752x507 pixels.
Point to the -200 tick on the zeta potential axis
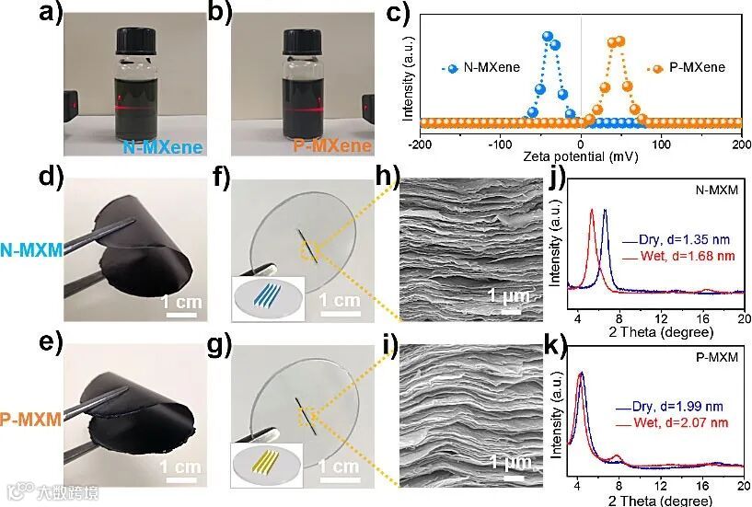421,144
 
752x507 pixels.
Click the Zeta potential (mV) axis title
580,158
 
